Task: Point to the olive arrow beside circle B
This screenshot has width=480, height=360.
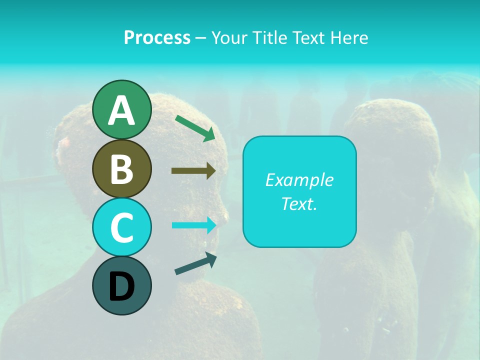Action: point(193,171)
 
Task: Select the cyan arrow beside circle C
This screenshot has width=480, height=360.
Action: point(193,225)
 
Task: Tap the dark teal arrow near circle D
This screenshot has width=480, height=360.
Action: point(195,263)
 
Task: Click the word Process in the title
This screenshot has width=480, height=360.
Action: point(157,37)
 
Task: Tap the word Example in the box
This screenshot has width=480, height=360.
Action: point(299,180)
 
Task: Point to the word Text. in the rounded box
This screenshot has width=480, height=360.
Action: point(299,203)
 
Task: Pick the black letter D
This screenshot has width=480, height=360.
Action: point(121,286)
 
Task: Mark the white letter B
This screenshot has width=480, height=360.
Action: point(121,169)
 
